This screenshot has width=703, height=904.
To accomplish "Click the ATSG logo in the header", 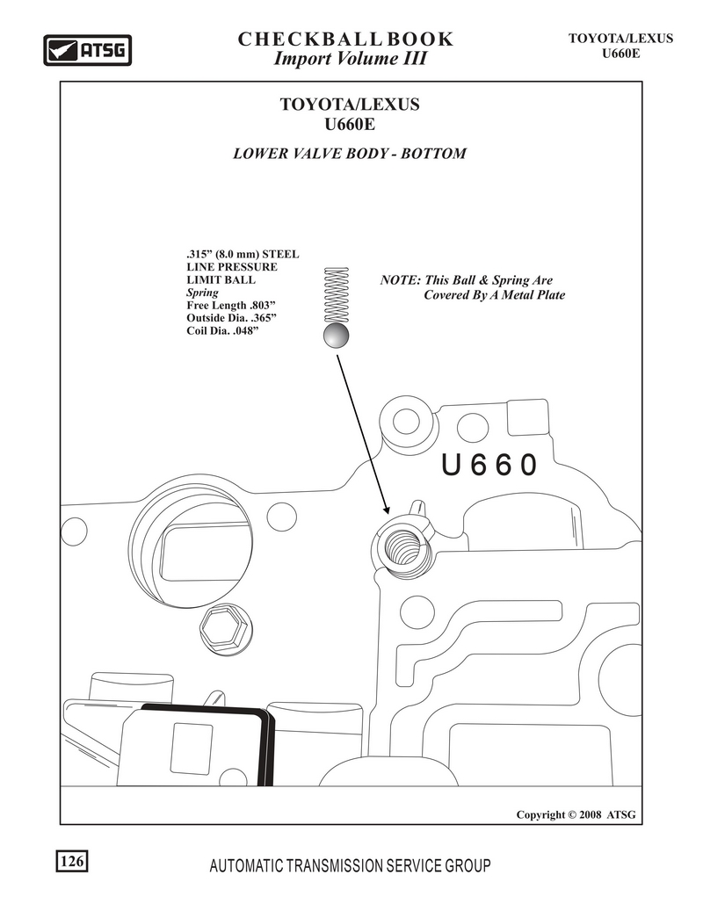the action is coord(88,50).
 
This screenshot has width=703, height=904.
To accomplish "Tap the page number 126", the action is coord(72,861).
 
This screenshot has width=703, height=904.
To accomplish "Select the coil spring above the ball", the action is coord(337,294).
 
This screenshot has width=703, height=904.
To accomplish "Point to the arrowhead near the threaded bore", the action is coord(386,508).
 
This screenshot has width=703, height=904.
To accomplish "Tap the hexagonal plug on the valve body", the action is coord(226,630).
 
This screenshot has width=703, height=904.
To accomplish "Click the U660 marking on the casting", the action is coord(489,466).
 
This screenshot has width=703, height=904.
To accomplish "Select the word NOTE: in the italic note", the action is coord(400,280).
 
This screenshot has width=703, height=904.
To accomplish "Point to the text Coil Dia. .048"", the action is coord(222,331).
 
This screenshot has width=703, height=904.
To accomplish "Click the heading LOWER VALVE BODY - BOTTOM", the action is coord(350,154).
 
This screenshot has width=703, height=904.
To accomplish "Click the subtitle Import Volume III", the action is coord(350,58).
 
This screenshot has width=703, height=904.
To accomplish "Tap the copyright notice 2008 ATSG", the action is coord(576,814).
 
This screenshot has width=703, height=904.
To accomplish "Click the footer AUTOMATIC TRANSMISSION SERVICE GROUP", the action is coord(350,865).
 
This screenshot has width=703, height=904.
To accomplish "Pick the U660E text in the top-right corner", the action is coord(621,54).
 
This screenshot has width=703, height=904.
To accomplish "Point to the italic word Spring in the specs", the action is coord(202,293).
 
